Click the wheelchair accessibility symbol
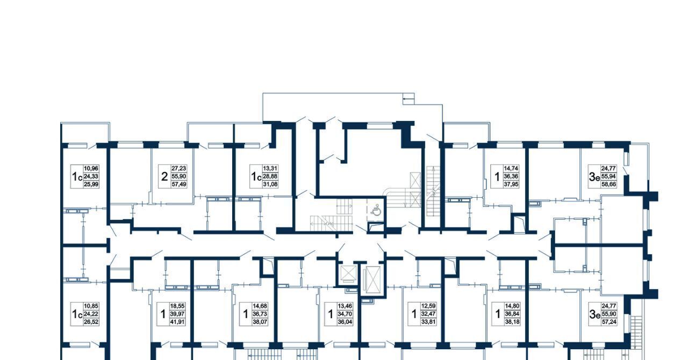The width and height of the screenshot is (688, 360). [x=376, y=210]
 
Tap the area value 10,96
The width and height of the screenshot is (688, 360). [x=91, y=168]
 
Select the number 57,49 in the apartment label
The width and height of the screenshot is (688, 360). [x=179, y=184]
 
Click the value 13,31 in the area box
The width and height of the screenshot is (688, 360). [x=270, y=168]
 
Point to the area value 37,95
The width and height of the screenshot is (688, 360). [x=511, y=184]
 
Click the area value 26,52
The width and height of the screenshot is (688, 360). [x=91, y=322]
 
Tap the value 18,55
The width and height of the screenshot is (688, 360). [x=178, y=306]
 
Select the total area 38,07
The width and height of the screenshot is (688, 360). [x=260, y=322]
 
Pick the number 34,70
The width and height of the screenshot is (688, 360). [x=345, y=314]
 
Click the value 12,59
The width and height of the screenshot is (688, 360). [x=428, y=306]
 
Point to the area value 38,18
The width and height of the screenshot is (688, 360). [x=512, y=322]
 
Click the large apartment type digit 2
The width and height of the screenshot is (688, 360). [x=164, y=177]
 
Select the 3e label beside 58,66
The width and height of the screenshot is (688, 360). [x=594, y=177]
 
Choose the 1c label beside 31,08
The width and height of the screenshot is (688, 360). [x=256, y=177]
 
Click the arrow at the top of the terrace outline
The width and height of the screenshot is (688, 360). [x=408, y=99]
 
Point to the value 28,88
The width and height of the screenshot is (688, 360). [x=270, y=176]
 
